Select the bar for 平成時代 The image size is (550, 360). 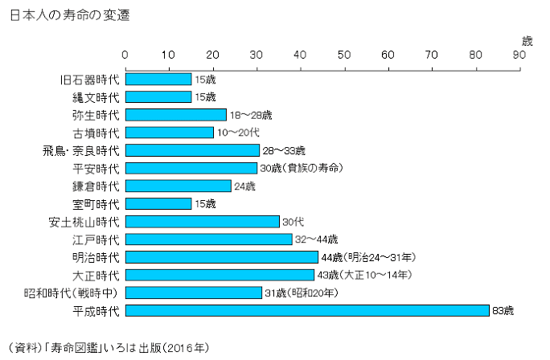click(x=307, y=310)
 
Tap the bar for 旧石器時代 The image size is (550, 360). click(x=158, y=80)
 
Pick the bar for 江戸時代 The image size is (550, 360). click(x=208, y=239)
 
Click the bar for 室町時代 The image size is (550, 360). click(x=158, y=204)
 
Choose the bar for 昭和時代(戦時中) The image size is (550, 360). click(x=194, y=292)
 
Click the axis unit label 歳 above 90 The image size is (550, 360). click(x=526, y=40)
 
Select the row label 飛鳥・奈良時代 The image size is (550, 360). click(x=80, y=151)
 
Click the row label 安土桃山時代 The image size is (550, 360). click(x=84, y=222)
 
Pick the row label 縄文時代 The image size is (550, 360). click(x=95, y=97)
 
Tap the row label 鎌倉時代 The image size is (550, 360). click(x=95, y=186)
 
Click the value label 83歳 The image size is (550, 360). click(x=502, y=310)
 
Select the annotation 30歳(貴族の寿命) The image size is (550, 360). click(x=301, y=168)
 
